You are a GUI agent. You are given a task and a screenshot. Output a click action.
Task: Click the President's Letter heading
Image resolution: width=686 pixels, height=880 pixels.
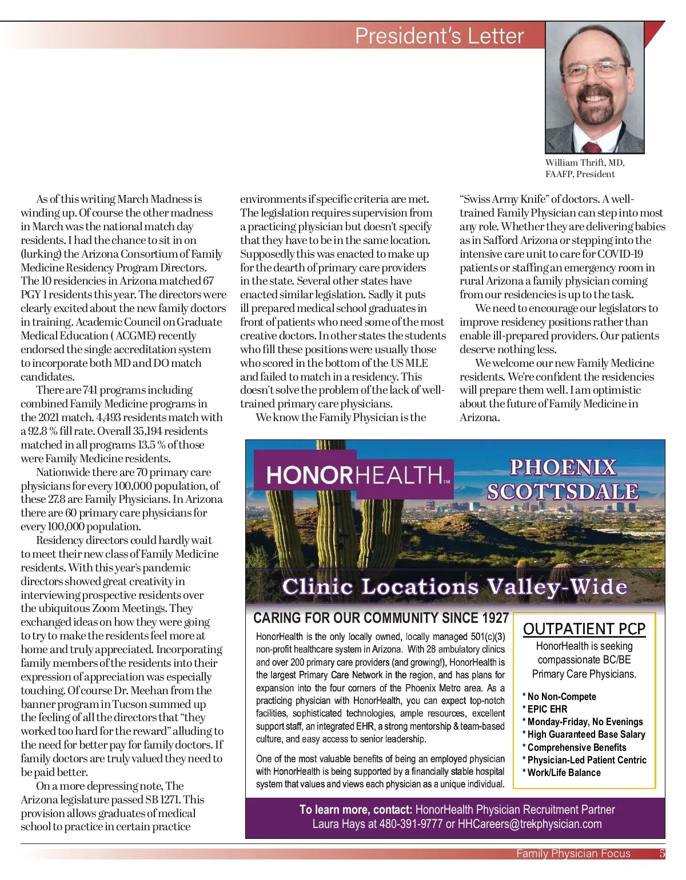[439, 36]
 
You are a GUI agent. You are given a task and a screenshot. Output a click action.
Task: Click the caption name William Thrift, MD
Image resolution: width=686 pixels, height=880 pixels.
[584, 163]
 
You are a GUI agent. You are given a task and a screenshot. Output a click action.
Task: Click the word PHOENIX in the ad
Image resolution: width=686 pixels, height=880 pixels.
[563, 467]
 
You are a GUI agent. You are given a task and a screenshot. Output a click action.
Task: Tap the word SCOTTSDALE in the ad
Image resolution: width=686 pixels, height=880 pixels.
[563, 492]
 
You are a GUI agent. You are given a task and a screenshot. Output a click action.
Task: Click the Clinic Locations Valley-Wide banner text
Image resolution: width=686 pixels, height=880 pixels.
[454, 587]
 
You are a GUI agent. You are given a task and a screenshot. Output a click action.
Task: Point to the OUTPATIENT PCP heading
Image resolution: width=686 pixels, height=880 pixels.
[584, 629]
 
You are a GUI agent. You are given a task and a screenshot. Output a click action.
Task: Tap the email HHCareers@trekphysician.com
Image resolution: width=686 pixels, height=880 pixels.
[529, 824]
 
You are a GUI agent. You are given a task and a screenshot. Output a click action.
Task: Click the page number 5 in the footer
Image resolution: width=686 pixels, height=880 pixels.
[662, 854]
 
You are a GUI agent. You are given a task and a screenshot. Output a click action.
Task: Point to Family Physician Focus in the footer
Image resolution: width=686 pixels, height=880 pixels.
[573, 854]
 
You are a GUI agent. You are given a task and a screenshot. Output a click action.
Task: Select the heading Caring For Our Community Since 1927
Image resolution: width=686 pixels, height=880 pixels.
[381, 618]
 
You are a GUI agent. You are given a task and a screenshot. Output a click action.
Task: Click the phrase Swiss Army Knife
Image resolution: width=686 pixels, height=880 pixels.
[505, 199]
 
